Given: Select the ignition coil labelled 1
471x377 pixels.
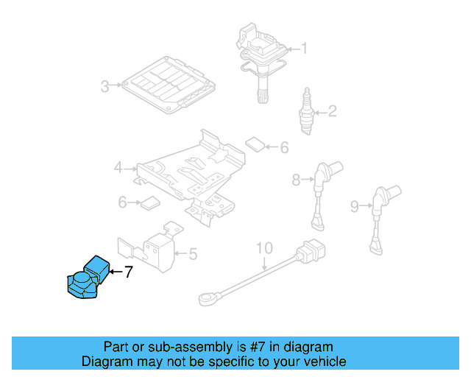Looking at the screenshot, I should tap(258, 59).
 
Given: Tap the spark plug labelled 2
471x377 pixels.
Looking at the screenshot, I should tap(303, 110).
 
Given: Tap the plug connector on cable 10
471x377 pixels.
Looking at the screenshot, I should tap(310, 253).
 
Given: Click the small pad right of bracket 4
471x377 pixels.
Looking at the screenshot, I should tap(255, 143).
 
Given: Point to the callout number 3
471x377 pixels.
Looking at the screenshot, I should tap(105, 86).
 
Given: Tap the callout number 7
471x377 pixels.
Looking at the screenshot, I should tap(128, 272).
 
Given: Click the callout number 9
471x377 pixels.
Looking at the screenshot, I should tap(355, 207).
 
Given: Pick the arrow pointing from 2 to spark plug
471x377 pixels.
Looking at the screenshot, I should tap(318, 112).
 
